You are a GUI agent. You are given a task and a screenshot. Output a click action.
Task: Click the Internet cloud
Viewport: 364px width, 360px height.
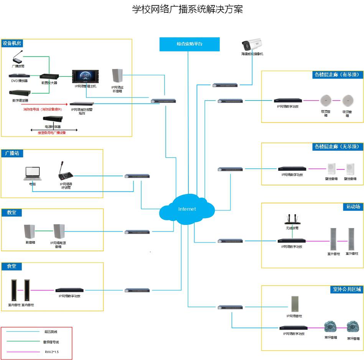187,209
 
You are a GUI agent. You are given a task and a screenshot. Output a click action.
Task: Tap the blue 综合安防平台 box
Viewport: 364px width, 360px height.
189,44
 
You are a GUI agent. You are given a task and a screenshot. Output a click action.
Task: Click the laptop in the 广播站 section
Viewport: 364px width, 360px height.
32,173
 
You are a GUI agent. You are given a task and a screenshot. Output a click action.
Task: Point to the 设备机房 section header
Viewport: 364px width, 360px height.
12,43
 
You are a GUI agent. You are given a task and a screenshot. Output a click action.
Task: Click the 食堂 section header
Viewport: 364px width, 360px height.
12,266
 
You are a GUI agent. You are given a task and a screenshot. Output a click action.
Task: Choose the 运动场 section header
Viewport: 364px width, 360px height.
353,207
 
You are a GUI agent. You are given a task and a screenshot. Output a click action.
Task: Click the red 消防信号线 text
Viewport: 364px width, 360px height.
43,109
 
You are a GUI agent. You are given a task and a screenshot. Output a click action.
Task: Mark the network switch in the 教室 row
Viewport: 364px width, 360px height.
137,232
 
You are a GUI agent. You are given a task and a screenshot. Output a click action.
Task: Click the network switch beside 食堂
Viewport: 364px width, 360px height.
137,290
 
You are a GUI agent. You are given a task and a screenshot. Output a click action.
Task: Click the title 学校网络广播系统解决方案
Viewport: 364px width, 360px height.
187,9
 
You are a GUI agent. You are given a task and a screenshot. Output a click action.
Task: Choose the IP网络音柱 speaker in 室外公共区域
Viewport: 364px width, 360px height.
295,304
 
